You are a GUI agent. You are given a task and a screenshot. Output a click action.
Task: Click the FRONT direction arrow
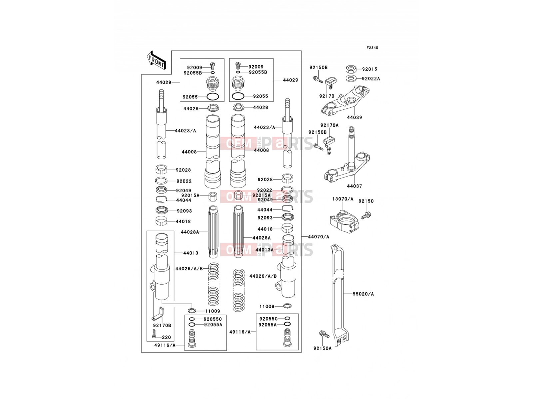(x=156, y=61)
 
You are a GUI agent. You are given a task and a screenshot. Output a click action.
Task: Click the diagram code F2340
(x=372, y=48)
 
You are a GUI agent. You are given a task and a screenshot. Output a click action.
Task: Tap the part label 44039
(x=354, y=117)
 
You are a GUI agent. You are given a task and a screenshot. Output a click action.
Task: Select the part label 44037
(x=354, y=186)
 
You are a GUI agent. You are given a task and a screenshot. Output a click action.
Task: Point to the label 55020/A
(x=363, y=294)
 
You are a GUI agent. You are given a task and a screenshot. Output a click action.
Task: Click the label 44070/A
(x=318, y=237)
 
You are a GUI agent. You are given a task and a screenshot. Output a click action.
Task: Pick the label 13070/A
(x=343, y=199)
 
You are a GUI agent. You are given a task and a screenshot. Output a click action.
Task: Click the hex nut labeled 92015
(x=351, y=69)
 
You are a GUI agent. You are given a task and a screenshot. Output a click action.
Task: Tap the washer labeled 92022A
(x=351, y=78)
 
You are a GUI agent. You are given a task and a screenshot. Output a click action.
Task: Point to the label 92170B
(x=162, y=326)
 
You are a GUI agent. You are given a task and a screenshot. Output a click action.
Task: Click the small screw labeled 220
(x=154, y=333)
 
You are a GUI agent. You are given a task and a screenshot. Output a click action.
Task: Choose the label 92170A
(x=329, y=125)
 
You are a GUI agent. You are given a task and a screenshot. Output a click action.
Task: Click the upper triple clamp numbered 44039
(x=345, y=101)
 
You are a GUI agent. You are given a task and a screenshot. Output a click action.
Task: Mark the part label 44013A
(x=265, y=250)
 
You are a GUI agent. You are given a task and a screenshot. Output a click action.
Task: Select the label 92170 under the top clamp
(x=327, y=96)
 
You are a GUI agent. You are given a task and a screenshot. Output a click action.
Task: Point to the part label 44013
(x=191, y=253)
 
